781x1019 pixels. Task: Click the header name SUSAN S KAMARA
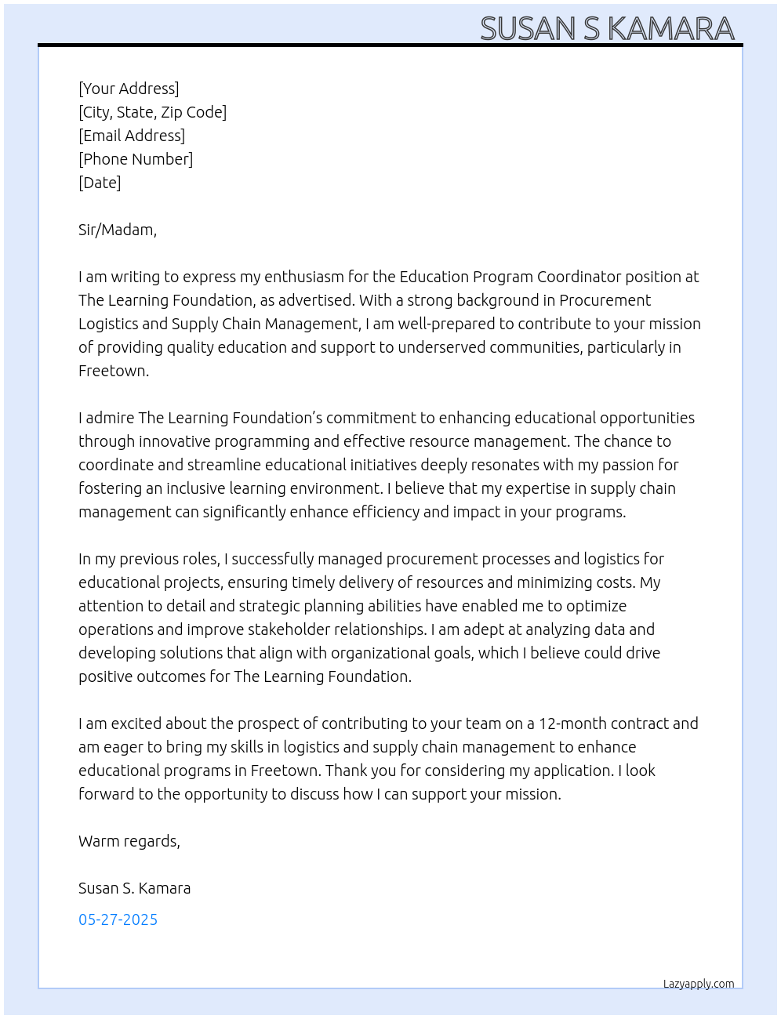click(x=607, y=29)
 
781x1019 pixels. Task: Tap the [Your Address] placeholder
click(x=129, y=89)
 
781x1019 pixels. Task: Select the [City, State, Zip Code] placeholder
click(x=152, y=112)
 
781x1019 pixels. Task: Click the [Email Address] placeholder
click(x=132, y=136)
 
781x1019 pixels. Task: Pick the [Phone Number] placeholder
click(x=136, y=159)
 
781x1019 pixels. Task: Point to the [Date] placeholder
click(x=100, y=183)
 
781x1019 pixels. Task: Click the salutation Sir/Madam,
click(x=118, y=230)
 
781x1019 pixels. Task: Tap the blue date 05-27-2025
click(x=118, y=919)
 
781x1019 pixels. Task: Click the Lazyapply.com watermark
click(x=699, y=984)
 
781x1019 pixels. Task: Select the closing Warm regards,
click(x=129, y=841)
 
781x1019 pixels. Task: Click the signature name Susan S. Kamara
click(x=134, y=888)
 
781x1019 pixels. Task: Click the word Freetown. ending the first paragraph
click(x=114, y=371)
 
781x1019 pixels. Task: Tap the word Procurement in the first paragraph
click(x=605, y=300)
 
